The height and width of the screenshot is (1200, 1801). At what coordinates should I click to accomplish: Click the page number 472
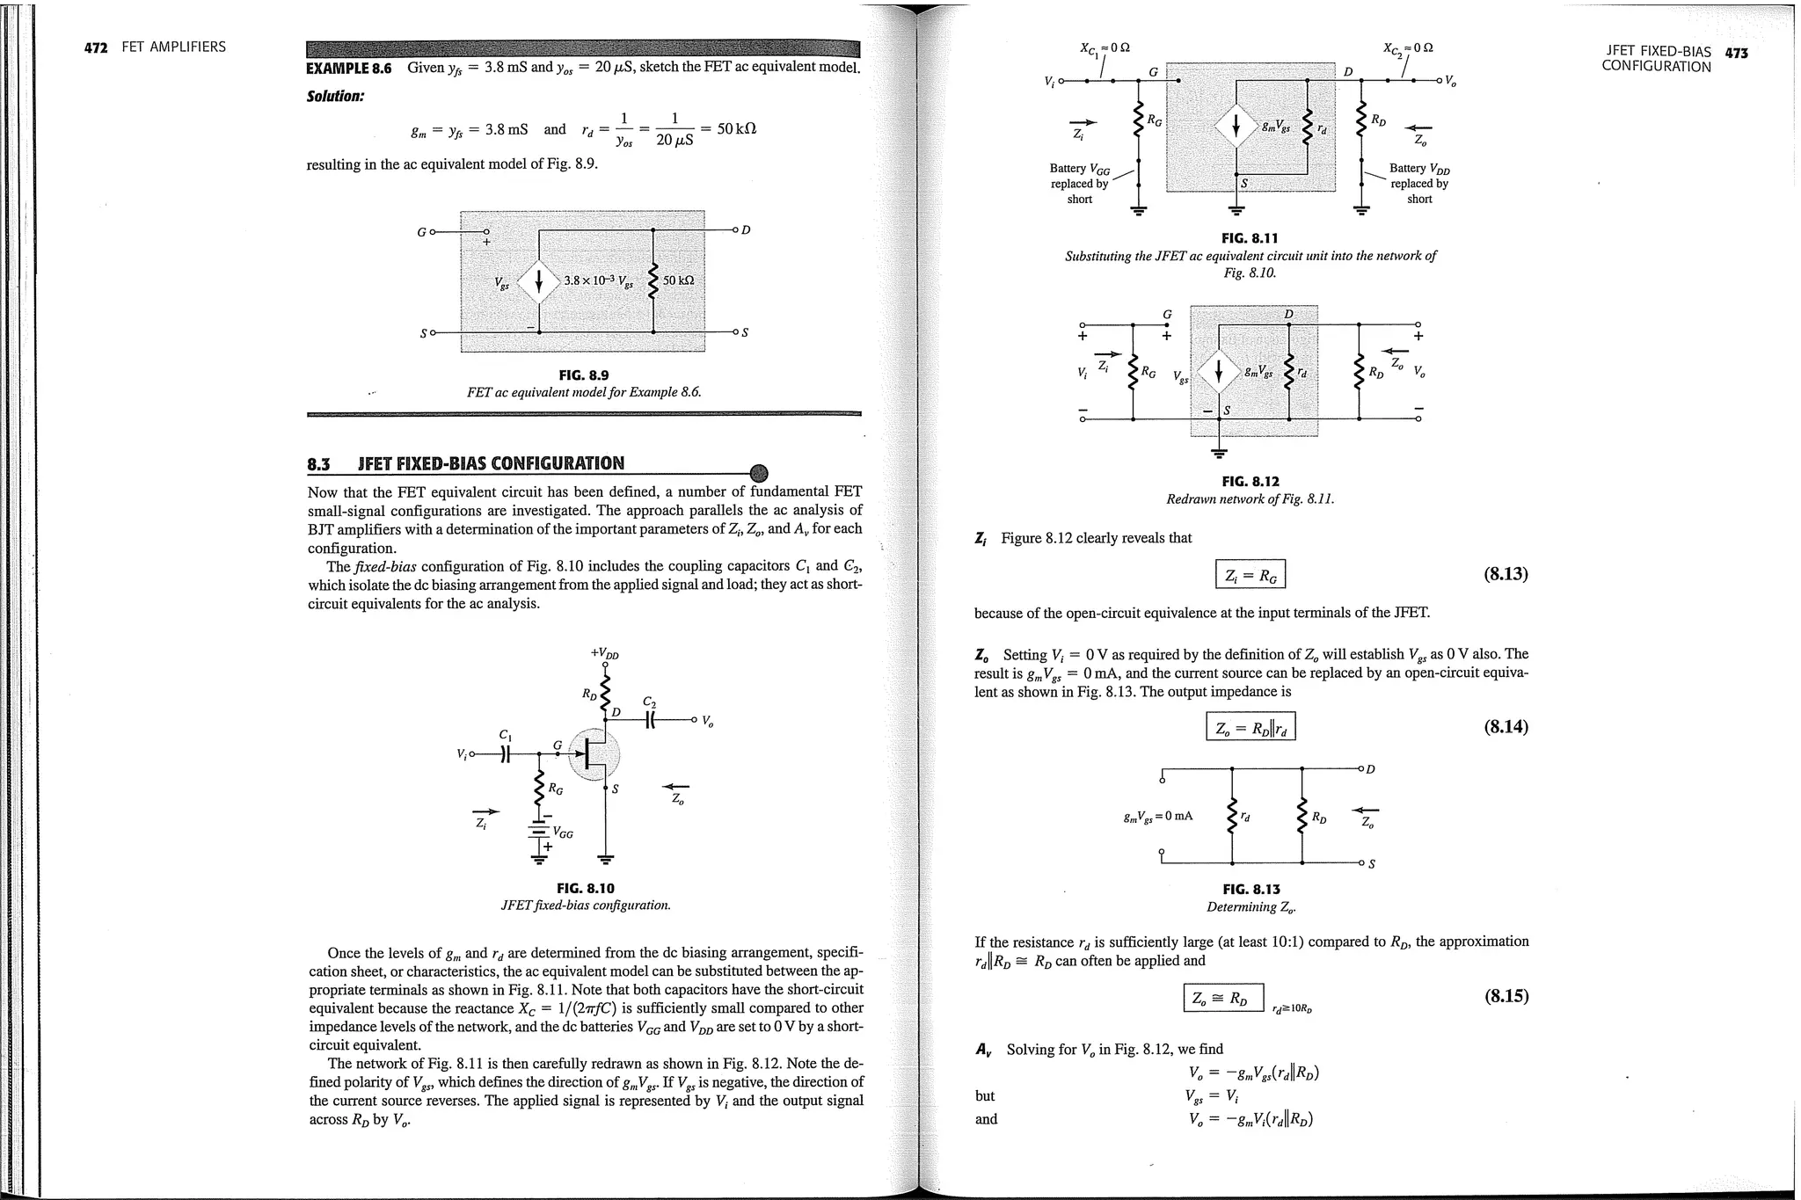coord(94,47)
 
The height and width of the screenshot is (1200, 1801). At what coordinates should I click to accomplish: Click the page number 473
coord(1736,54)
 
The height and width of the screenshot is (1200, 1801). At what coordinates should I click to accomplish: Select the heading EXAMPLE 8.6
coord(348,69)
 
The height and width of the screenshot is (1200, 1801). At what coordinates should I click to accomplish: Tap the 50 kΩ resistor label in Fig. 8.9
coord(678,280)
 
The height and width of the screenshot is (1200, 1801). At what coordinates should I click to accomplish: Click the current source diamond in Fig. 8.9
coord(538,281)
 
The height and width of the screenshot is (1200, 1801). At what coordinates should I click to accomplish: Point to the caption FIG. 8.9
coord(583,375)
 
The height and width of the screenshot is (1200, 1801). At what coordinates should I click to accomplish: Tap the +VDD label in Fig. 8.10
coord(605,653)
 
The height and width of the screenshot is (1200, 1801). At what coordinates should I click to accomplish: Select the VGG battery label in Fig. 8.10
coord(562,832)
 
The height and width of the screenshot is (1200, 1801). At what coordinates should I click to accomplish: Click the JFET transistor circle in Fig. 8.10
coord(595,754)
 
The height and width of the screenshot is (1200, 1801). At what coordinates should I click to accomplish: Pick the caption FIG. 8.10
coord(586,889)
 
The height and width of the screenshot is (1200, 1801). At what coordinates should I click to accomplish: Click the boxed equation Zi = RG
coord(1250,576)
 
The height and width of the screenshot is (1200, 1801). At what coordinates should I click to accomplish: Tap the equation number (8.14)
coord(1506,727)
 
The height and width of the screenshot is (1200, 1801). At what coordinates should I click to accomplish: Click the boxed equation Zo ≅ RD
coord(1222,998)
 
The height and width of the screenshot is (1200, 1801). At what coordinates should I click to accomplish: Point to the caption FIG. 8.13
coord(1251,890)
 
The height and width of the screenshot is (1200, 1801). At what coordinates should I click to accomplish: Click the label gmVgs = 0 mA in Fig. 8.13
coord(1157,817)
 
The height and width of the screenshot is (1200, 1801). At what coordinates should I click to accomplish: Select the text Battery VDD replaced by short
coord(1418,183)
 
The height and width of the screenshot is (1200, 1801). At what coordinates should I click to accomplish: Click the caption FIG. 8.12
coord(1250,482)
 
